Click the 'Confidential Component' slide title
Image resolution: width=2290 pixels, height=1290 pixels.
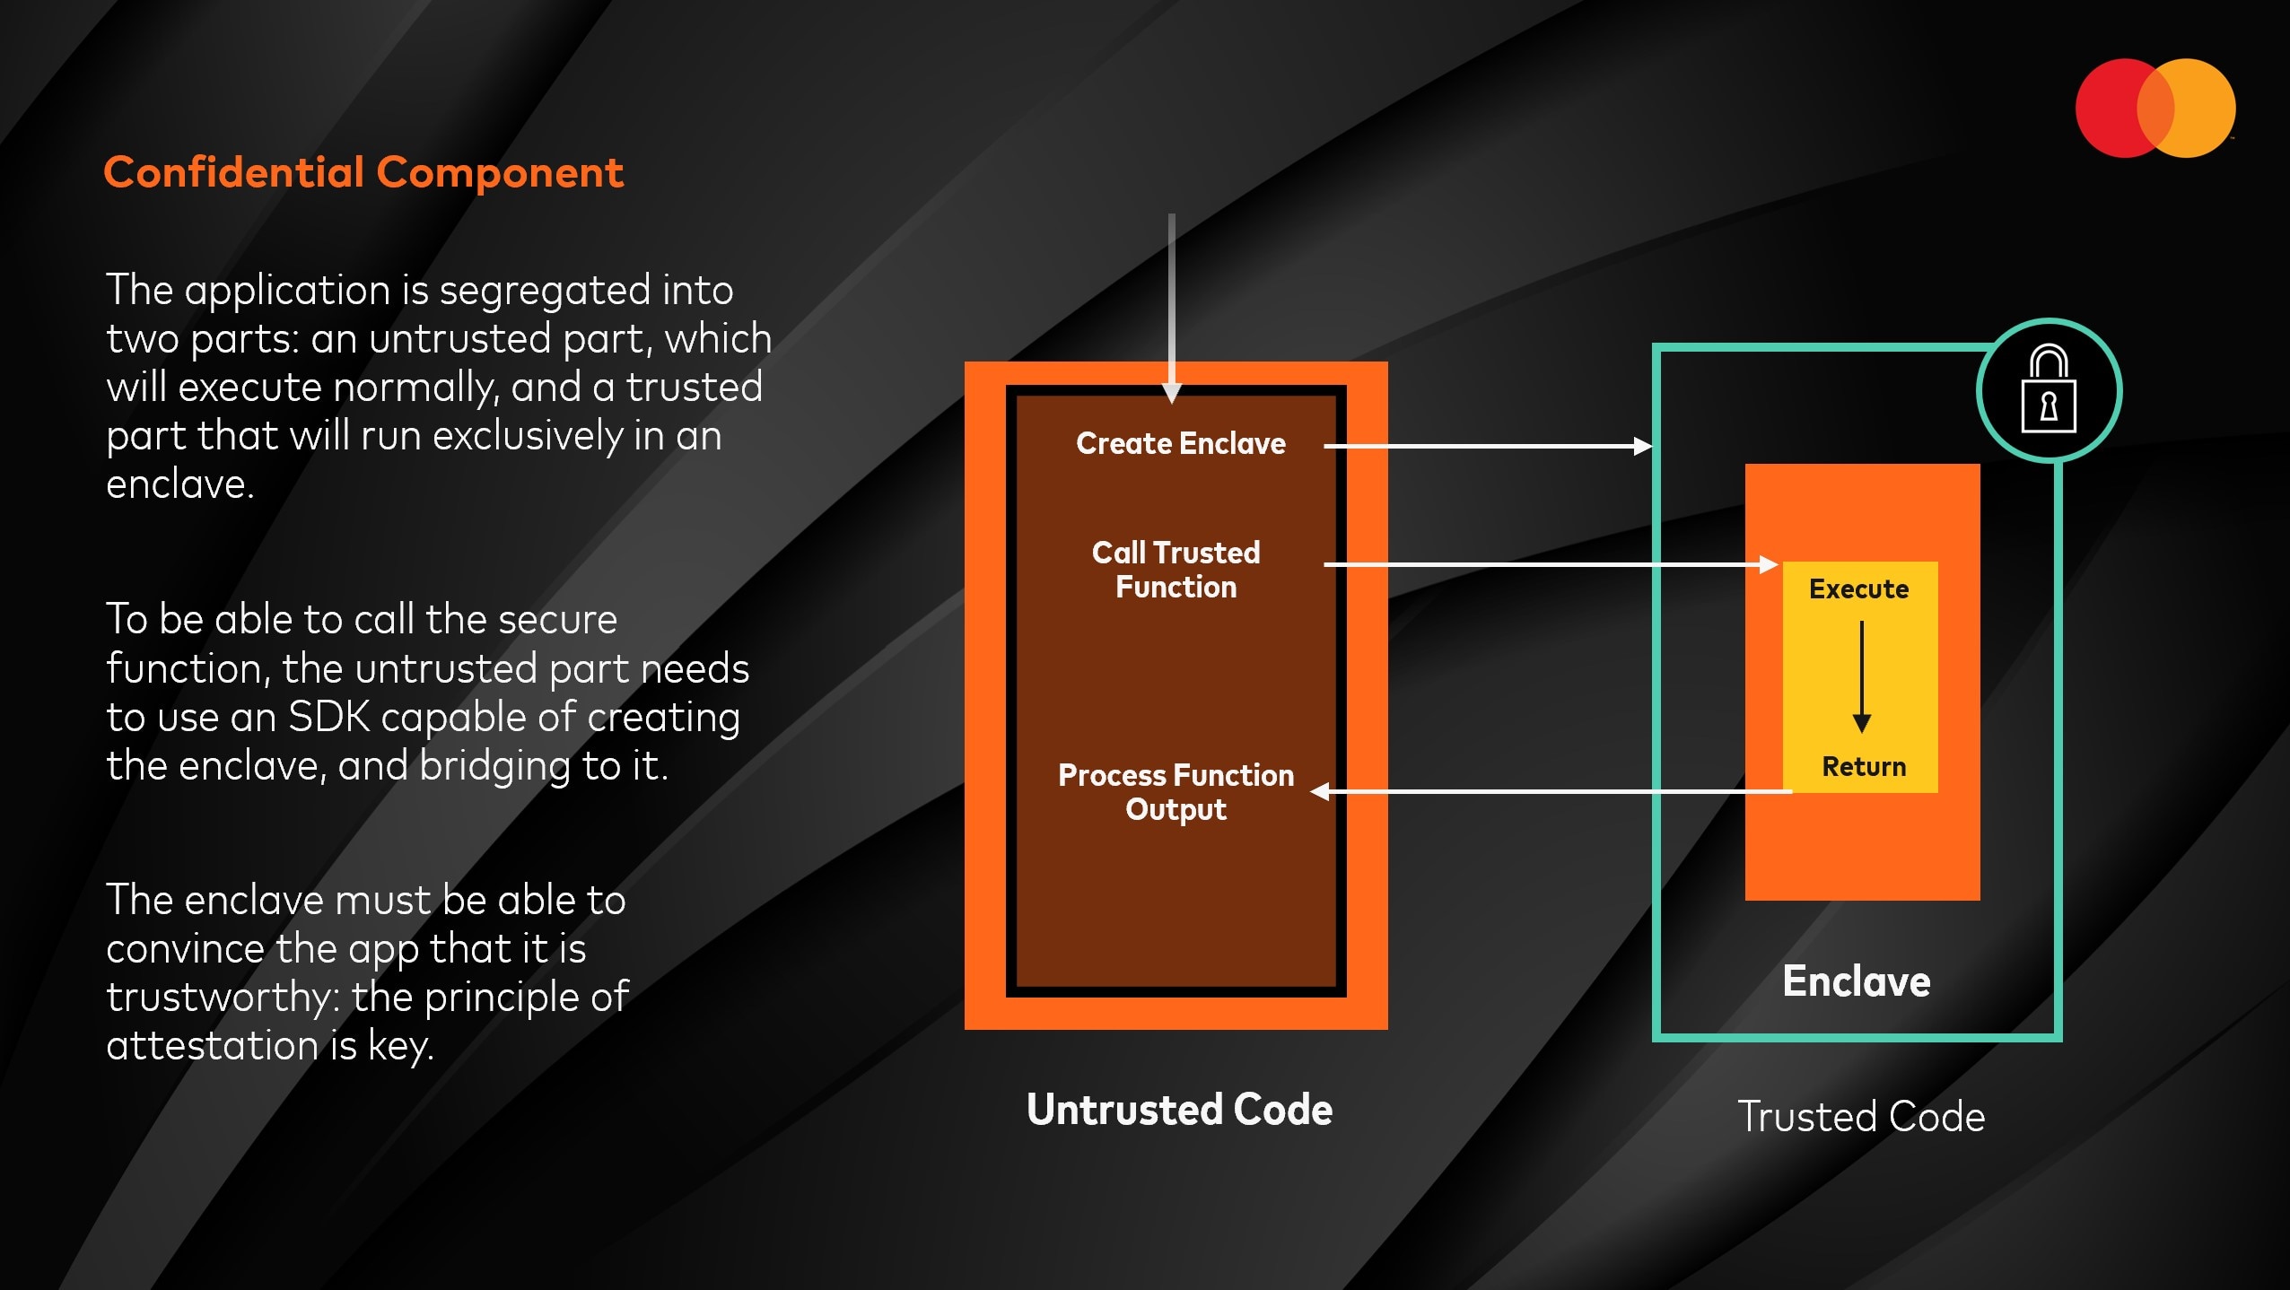click(363, 172)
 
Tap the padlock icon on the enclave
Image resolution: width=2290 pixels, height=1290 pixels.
click(2049, 390)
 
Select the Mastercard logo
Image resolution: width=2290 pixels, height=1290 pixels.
click(2155, 109)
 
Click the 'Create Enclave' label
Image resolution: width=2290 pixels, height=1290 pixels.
click(1180, 443)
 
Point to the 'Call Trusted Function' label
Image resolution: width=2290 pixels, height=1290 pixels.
click(1176, 570)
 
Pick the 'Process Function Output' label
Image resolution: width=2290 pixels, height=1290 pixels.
click(1176, 792)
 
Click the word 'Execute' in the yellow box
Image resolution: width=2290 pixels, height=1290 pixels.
click(1858, 589)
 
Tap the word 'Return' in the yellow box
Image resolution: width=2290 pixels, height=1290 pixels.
click(1864, 767)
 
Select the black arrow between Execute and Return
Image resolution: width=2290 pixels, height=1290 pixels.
click(1862, 677)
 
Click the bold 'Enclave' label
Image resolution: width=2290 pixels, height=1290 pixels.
click(1856, 981)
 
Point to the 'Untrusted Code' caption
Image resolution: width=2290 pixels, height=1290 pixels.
click(1179, 1110)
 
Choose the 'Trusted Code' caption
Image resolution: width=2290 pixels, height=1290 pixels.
click(1861, 1117)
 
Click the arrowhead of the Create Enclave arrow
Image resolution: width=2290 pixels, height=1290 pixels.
click(1642, 446)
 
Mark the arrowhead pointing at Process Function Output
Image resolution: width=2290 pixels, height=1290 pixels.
click(1320, 791)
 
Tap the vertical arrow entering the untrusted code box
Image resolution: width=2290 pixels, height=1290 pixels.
click(1171, 305)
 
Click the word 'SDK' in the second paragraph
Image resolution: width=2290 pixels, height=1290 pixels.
click(328, 718)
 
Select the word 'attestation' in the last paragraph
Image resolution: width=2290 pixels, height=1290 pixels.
click(212, 1046)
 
